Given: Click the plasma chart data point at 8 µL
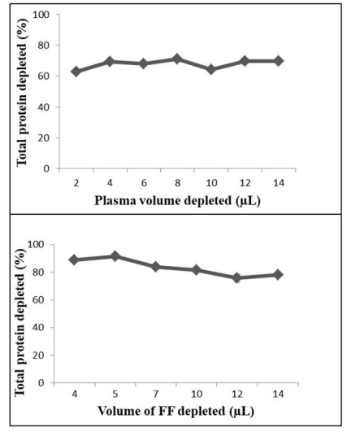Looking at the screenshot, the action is tap(177, 59).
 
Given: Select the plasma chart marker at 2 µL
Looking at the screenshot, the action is tap(76, 72).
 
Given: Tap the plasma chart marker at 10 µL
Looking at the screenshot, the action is tap(211, 69).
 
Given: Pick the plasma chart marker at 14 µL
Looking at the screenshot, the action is tap(279, 61).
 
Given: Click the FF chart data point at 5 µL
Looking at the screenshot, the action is tap(115, 256).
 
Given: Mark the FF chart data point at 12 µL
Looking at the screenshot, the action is tap(236, 277).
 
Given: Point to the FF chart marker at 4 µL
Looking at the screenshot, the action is tap(74, 260).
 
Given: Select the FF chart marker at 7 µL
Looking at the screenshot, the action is tap(156, 267).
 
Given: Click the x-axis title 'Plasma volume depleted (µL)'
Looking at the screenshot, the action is tap(177, 201).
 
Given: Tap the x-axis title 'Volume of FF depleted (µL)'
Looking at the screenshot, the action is tap(176, 412).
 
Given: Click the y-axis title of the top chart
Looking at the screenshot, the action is tap(22, 92).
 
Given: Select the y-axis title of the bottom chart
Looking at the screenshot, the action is tap(20, 323).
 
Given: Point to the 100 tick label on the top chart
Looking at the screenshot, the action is tap(41, 15).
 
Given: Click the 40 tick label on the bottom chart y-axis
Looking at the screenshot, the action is tap(39, 328).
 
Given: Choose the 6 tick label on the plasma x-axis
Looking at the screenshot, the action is tap(144, 183).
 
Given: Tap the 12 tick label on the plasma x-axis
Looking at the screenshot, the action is tap(245, 183).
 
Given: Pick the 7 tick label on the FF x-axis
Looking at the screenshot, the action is tap(156, 395).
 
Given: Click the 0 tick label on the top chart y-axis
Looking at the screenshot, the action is tap(46, 168).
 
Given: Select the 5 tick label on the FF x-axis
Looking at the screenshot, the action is tap(115, 395).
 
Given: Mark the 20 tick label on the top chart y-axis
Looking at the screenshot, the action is tap(44, 137).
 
